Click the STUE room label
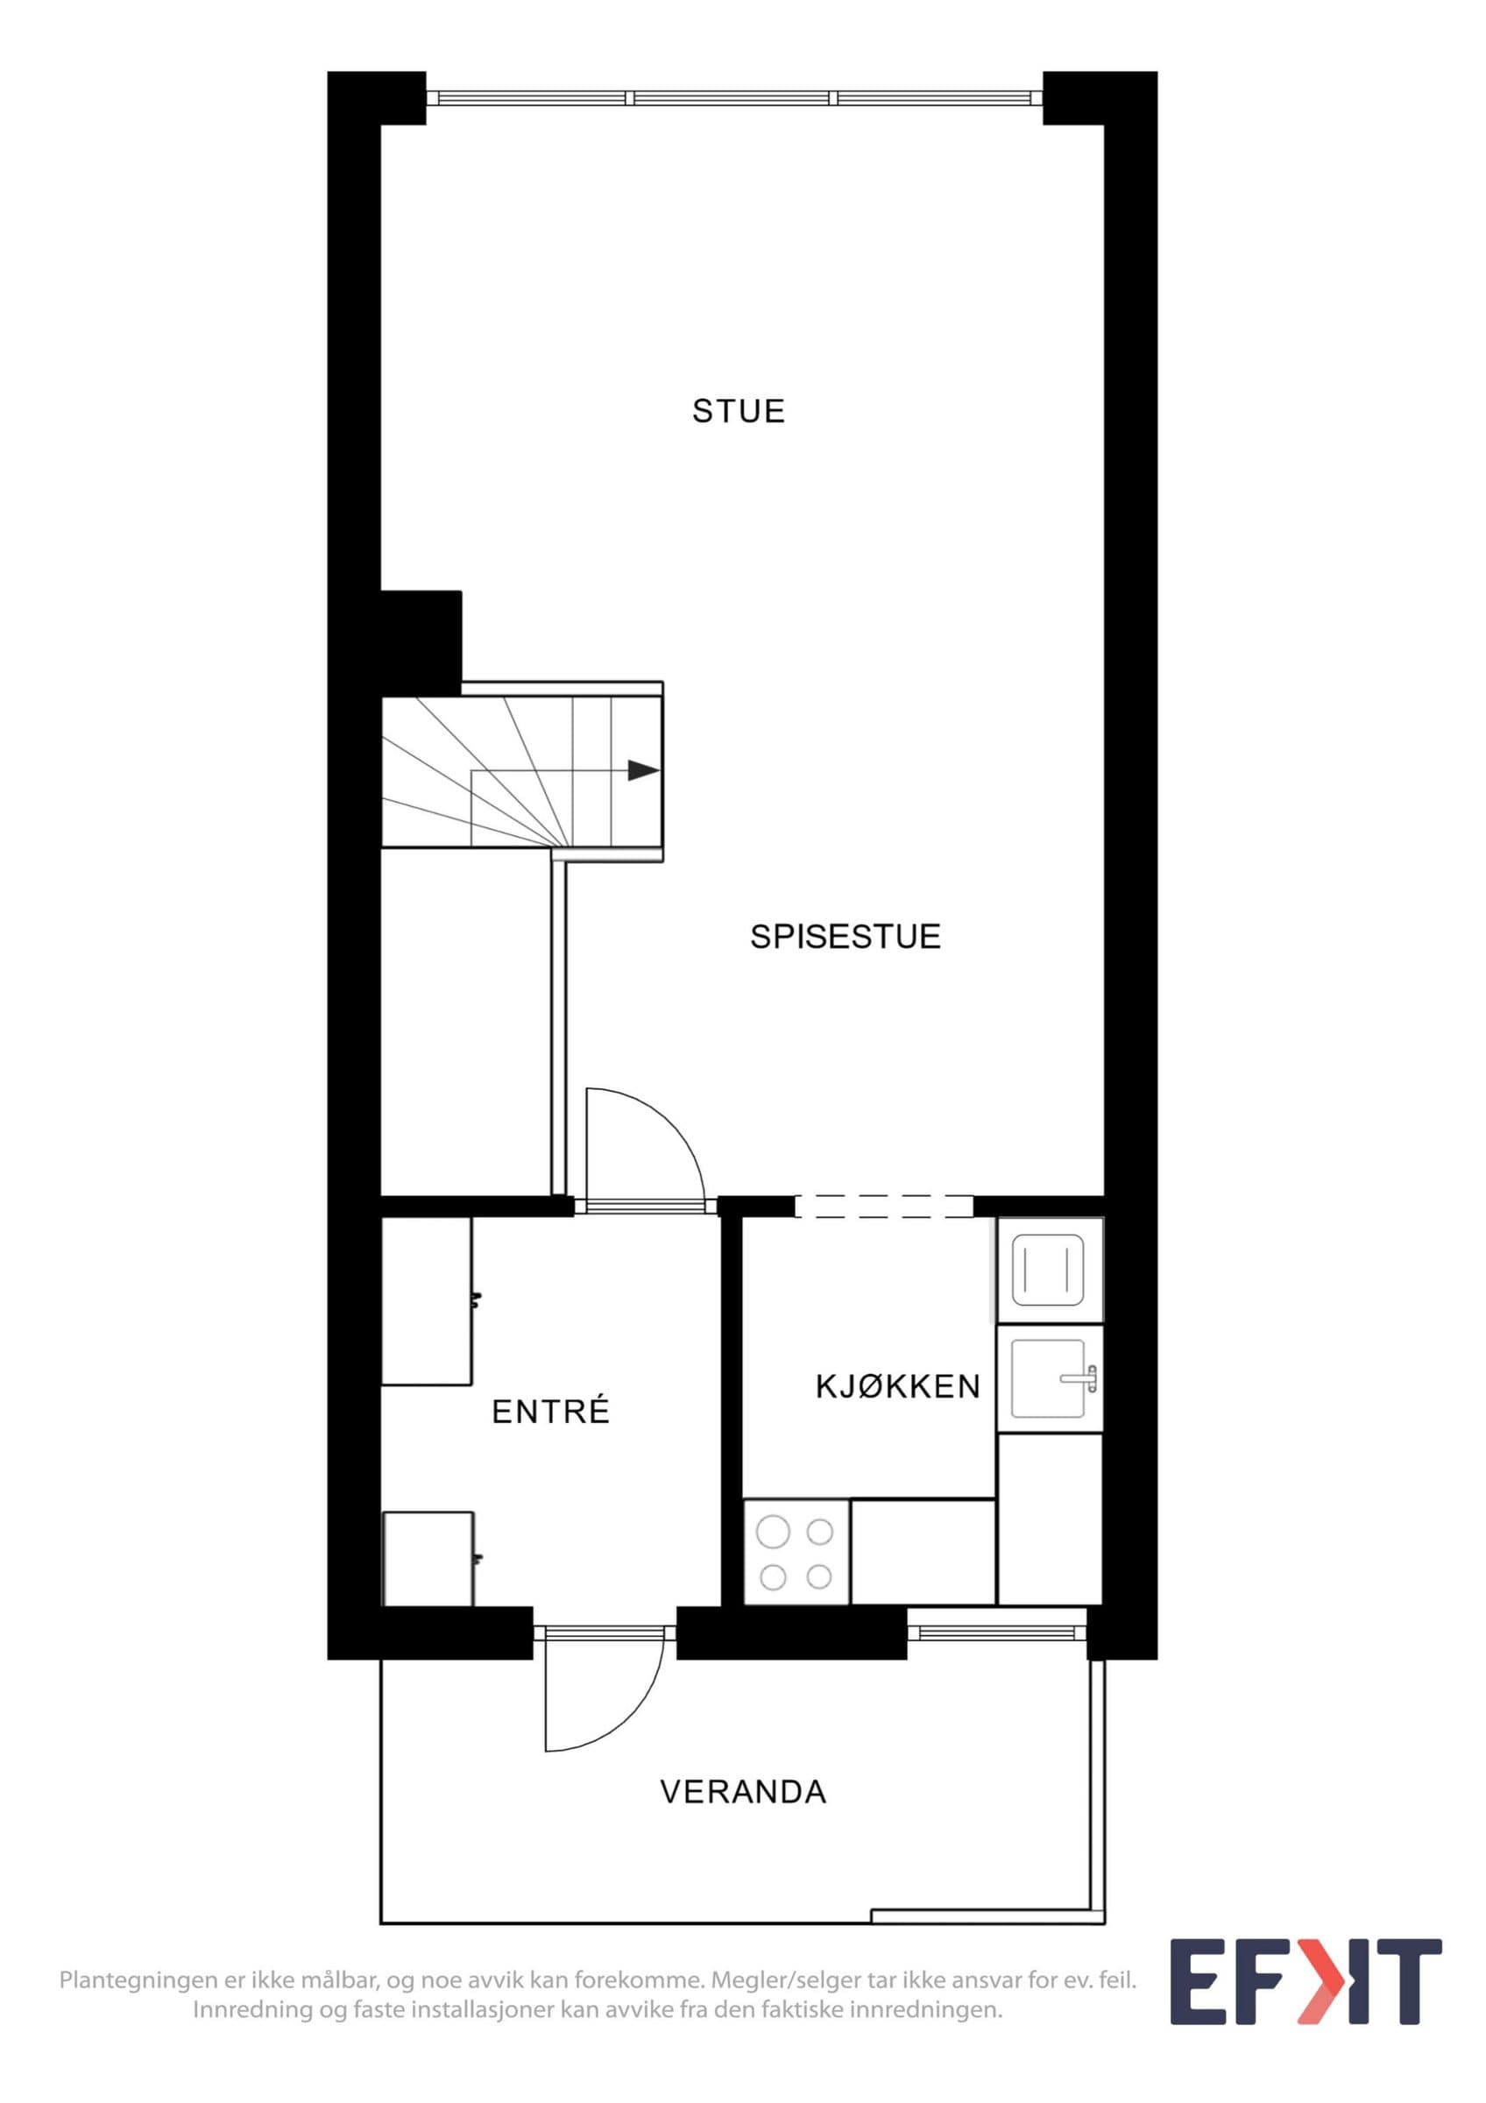738,411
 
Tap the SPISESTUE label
846,936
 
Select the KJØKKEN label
897,1387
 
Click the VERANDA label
742,1792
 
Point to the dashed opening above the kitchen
883,1207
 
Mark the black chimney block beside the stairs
421,643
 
